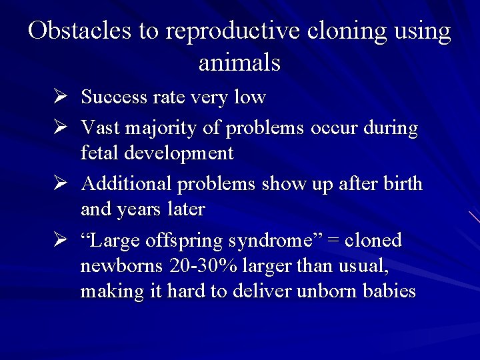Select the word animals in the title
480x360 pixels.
239,63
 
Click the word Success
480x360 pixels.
113,97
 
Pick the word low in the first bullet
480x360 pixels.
250,97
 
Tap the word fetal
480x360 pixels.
97,153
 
